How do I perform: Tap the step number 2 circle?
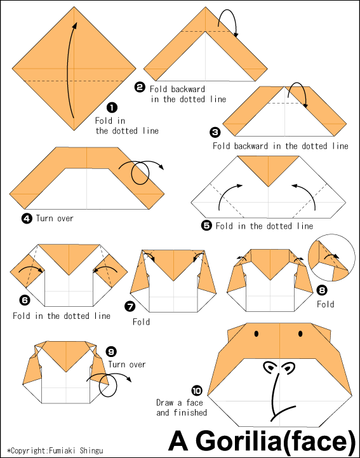click(140, 88)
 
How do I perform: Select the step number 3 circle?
click(215, 132)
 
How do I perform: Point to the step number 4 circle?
click(27, 219)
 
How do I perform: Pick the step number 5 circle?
click(206, 226)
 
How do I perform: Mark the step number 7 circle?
click(130, 307)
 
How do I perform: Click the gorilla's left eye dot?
click(257, 333)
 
